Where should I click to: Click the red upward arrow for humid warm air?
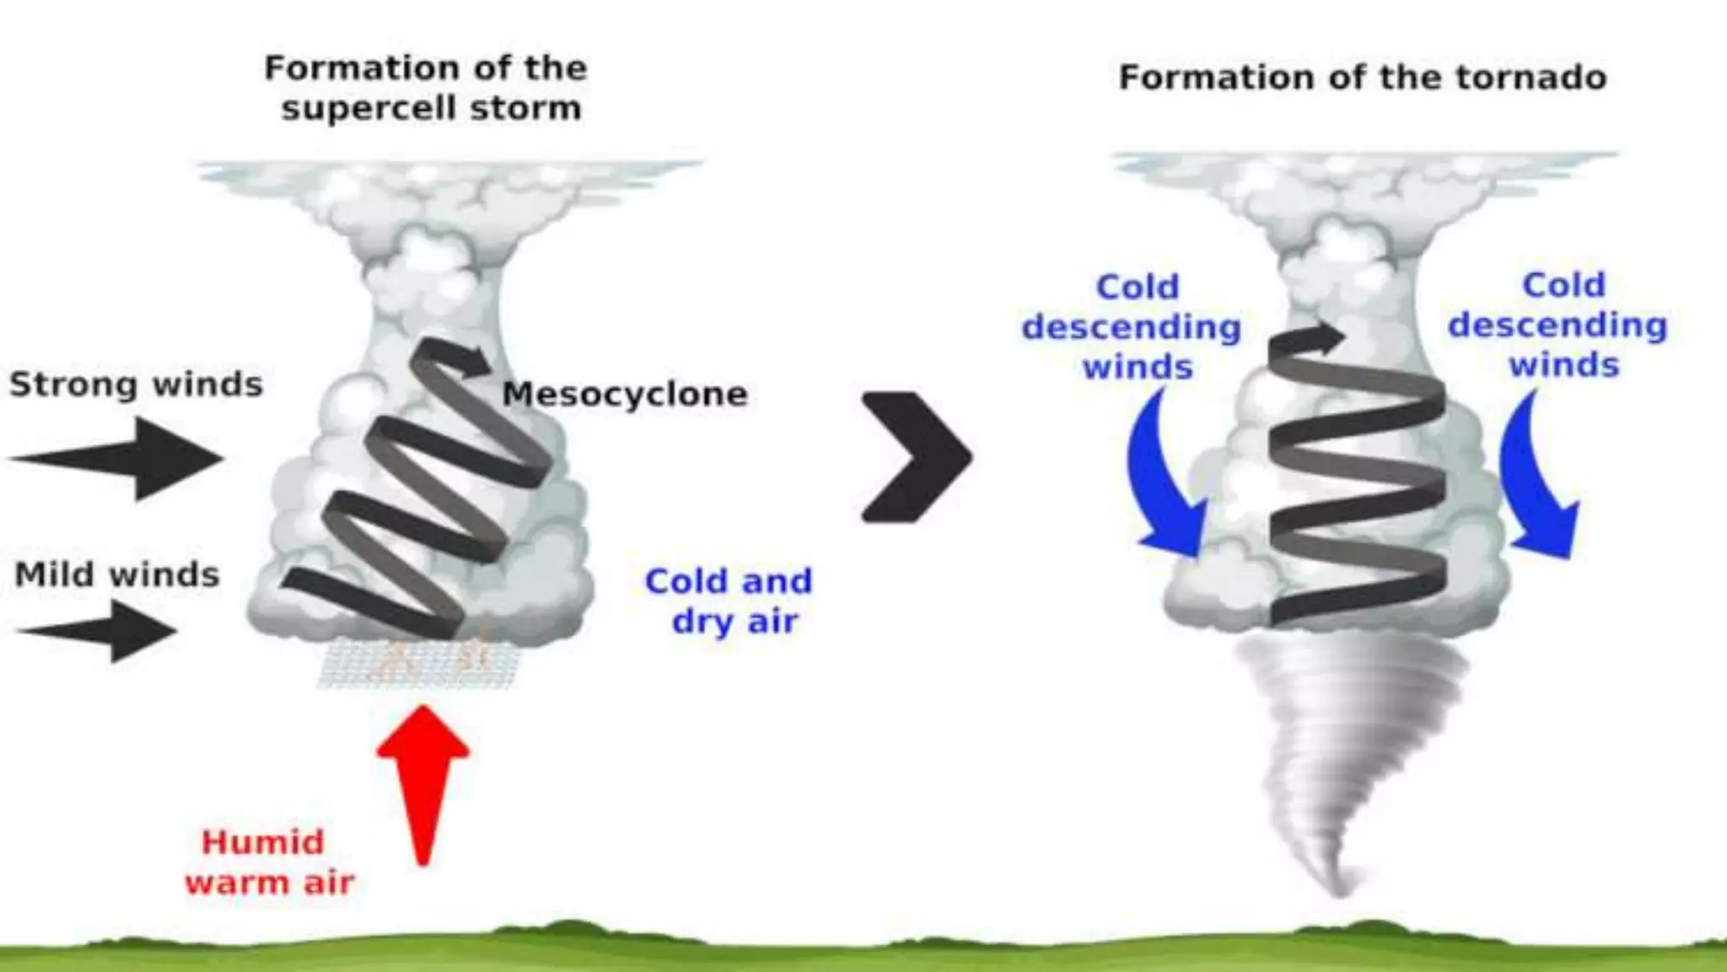coord(422,780)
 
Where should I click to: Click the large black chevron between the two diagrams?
coord(917,456)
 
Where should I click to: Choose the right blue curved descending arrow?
coord(1535,481)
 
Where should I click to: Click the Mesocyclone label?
coord(625,394)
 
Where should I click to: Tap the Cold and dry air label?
coord(729,601)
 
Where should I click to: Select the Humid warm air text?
coord(268,862)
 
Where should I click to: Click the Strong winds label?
coord(136,385)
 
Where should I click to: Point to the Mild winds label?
coord(117,575)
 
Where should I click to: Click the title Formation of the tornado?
coord(1362,78)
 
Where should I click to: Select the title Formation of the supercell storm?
coord(427,88)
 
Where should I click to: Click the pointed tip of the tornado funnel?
coord(1341,890)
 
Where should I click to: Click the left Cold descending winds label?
coord(1132,327)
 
